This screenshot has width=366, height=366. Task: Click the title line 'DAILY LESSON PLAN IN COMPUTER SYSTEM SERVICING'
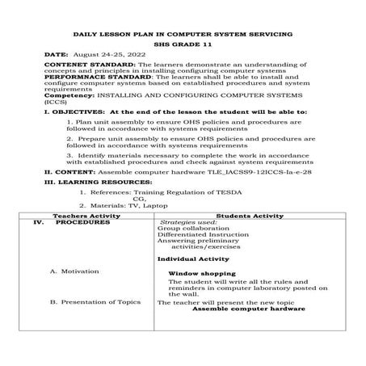183,35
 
